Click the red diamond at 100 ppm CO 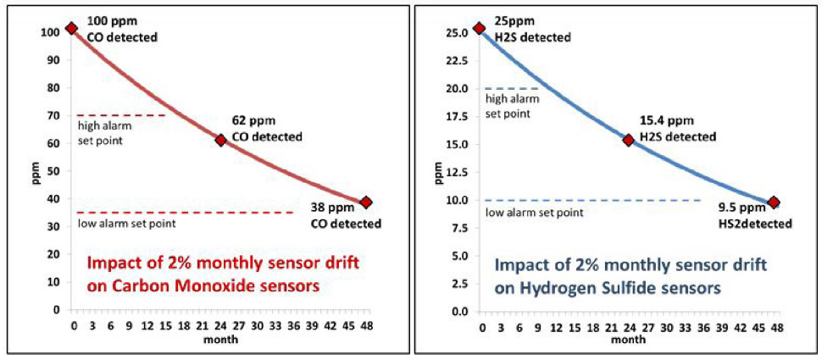point(71,29)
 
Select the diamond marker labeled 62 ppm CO point(220,140)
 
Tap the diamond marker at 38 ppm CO point(366,202)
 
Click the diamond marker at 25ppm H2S point(480,28)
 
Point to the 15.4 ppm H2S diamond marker point(628,140)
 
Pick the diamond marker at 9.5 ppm point(774,202)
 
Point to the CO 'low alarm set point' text point(126,224)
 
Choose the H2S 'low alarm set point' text point(534,212)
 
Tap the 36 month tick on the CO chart point(293,325)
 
